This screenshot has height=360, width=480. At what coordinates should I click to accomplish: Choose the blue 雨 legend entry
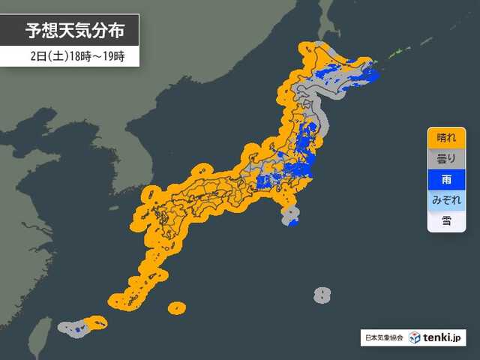[x=445, y=180]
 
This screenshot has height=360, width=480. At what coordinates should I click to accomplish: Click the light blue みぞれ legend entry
[x=445, y=200]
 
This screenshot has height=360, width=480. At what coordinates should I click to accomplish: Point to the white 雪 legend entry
[x=445, y=220]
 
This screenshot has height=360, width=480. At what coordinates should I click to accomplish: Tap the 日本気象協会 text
[x=382, y=337]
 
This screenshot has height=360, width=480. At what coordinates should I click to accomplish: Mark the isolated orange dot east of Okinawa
[x=176, y=307]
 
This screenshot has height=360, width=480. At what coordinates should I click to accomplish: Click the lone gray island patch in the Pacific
[x=322, y=295]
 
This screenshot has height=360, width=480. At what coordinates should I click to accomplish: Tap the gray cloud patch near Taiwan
[x=69, y=328]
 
